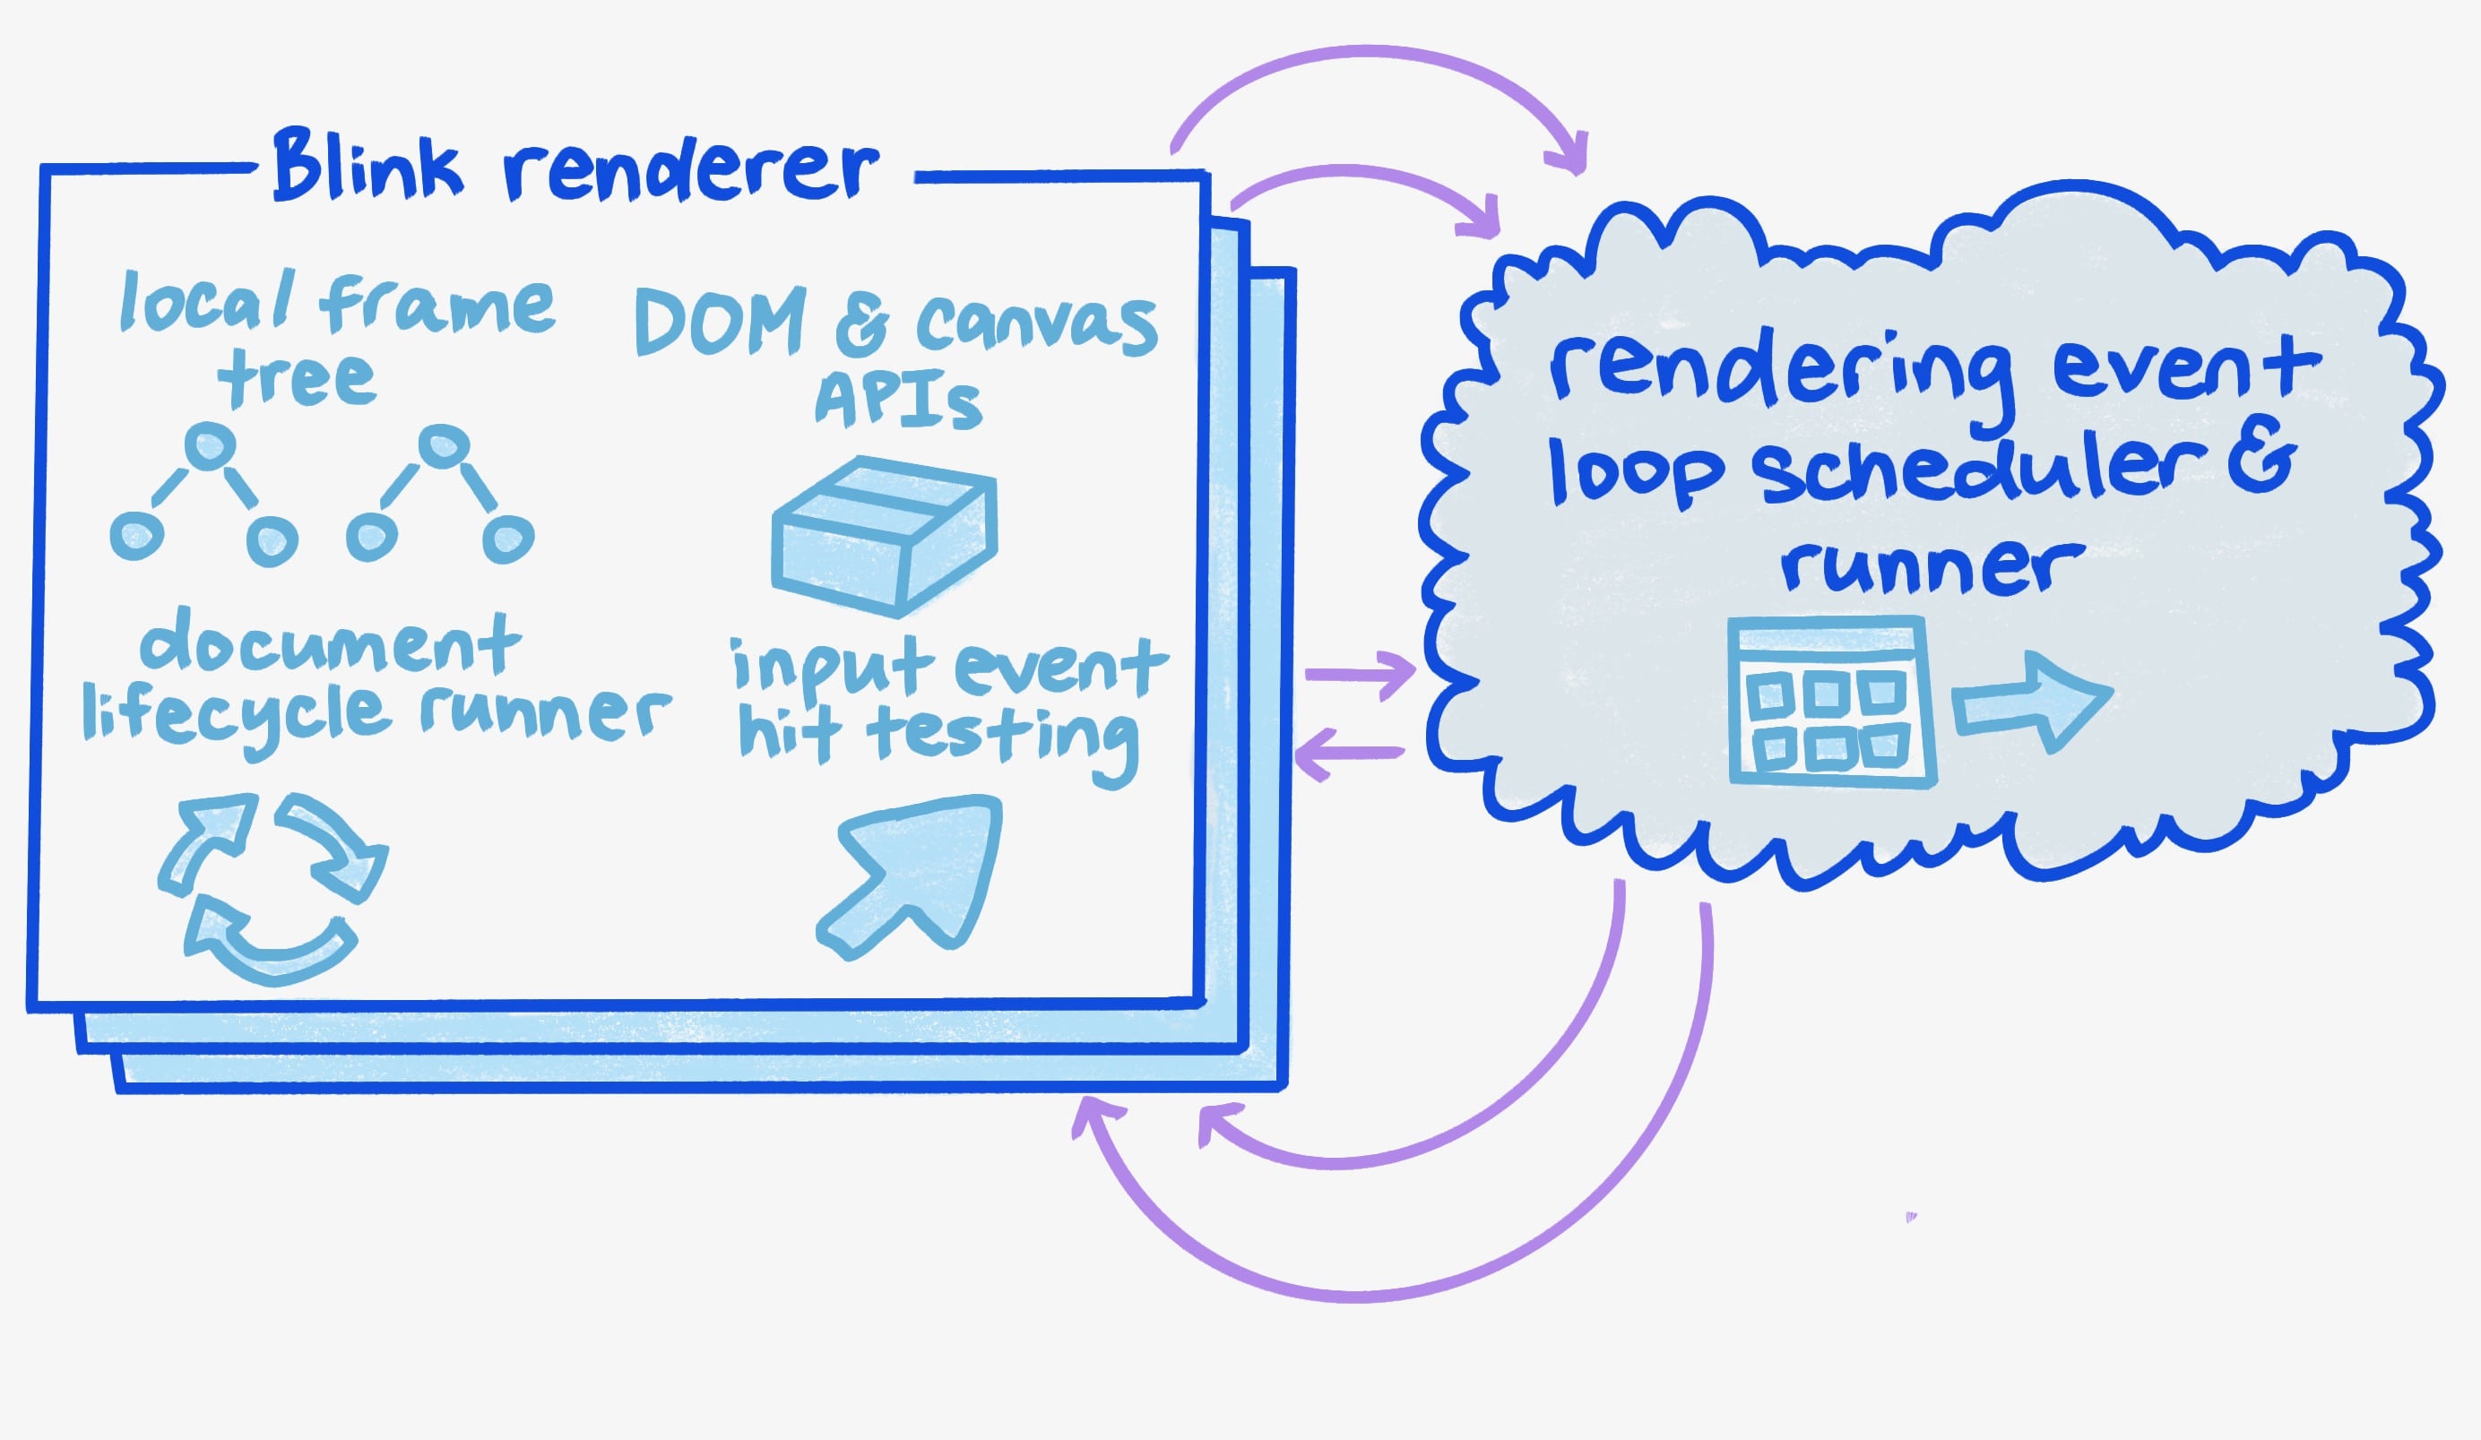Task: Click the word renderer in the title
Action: click(690, 171)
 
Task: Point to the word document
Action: click(330, 644)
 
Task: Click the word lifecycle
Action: click(238, 717)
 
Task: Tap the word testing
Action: click(1002, 739)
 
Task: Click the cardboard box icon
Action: click(884, 536)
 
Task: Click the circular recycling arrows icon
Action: click(271, 887)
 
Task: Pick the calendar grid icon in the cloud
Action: click(1831, 701)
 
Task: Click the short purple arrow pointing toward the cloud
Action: click(1360, 674)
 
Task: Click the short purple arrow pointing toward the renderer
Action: click(1349, 754)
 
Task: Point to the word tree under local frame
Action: click(297, 378)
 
